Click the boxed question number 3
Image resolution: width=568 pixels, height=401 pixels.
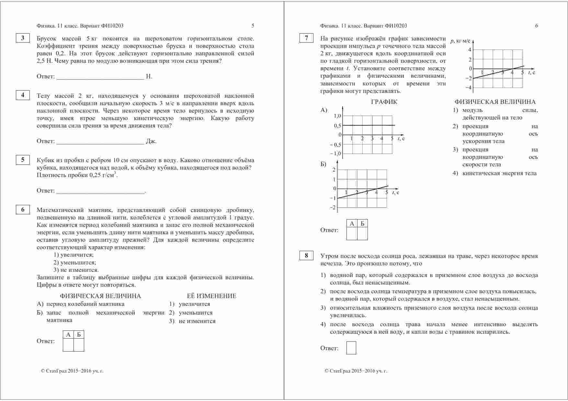[x=23, y=38]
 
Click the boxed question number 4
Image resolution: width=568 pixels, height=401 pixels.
[x=23, y=95]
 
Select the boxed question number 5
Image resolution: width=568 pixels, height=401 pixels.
[x=23, y=160]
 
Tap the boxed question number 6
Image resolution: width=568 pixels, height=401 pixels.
[x=23, y=210]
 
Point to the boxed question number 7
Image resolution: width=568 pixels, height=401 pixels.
[x=306, y=38]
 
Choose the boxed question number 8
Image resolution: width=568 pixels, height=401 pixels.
[x=306, y=256]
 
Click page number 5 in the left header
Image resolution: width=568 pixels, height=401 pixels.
[x=253, y=26]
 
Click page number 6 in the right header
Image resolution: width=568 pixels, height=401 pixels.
[x=536, y=26]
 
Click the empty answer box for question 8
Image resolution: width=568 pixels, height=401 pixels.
[x=351, y=348]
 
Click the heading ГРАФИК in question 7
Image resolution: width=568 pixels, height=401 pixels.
[x=384, y=102]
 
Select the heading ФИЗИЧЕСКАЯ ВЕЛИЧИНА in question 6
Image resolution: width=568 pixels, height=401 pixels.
[x=100, y=296]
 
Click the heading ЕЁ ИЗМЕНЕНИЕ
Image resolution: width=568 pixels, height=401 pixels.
[x=211, y=296]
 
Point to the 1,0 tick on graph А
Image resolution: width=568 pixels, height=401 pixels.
[x=337, y=116]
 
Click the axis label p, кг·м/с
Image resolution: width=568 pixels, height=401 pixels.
[x=460, y=41]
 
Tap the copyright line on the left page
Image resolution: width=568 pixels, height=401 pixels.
[x=72, y=371]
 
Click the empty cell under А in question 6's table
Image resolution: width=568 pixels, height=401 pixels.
[x=68, y=345]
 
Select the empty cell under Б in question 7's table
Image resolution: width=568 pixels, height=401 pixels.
[x=362, y=233]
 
